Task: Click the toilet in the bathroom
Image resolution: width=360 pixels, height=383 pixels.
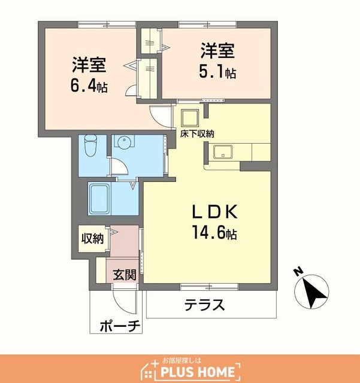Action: pos(90,145)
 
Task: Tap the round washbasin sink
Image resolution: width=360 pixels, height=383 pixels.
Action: pos(125,141)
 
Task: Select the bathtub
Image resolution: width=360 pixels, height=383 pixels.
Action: pos(99,199)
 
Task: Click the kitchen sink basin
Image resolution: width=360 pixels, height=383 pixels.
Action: pos(223,152)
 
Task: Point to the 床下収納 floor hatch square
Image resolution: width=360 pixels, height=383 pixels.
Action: pos(190,118)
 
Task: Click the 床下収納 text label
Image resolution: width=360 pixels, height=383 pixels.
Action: pos(197,133)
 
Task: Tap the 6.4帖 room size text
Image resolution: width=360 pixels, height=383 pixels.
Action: pos(89,86)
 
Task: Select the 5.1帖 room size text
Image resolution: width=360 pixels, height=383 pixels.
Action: pos(217,72)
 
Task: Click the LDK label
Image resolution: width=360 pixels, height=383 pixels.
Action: pos(215,212)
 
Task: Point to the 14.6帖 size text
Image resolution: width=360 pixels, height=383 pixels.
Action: pos(214,232)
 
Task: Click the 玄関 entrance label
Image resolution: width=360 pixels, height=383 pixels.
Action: pos(125,275)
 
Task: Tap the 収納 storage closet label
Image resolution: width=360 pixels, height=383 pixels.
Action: pos(92,238)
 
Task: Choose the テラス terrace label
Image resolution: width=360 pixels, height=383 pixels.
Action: pos(204,305)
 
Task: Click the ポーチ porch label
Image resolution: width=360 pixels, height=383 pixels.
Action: pos(120,326)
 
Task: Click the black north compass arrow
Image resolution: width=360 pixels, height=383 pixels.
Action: pos(314,293)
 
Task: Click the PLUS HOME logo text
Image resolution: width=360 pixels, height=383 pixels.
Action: pos(198,372)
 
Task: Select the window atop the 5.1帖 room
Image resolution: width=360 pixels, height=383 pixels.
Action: pos(207,25)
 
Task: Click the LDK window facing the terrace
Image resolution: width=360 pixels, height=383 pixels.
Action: pos(209,287)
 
